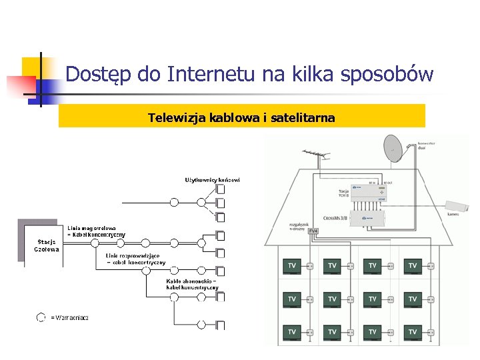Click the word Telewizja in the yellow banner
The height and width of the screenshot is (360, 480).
(x=177, y=118)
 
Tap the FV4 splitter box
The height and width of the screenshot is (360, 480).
(x=313, y=231)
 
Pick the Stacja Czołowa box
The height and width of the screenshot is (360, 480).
(x=47, y=245)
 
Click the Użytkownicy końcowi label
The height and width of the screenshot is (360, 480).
(x=212, y=179)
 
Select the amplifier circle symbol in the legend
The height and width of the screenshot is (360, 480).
(x=41, y=318)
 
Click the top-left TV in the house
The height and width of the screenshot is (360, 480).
(x=292, y=266)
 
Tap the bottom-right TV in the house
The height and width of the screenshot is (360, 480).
(x=413, y=331)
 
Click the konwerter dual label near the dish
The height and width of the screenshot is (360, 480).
(x=426, y=145)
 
